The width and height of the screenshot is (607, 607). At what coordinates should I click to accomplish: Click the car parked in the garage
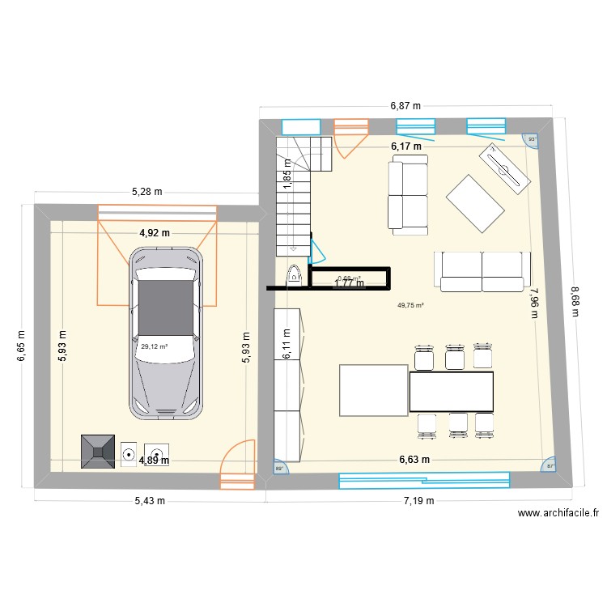pyautogui.click(x=165, y=333)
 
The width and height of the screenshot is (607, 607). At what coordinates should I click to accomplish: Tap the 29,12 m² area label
pyautogui.click(x=154, y=346)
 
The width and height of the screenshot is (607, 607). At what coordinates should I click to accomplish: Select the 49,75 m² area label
pyautogui.click(x=410, y=305)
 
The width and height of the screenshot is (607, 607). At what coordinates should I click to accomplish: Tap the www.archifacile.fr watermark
pyautogui.click(x=558, y=512)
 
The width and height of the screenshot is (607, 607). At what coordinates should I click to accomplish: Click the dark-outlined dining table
pyautogui.click(x=452, y=392)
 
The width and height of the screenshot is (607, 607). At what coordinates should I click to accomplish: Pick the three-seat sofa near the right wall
pyautogui.click(x=482, y=270)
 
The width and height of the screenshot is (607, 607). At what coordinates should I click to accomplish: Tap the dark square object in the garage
pyautogui.click(x=97, y=452)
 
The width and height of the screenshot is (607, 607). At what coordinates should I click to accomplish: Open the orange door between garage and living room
pyautogui.click(x=237, y=465)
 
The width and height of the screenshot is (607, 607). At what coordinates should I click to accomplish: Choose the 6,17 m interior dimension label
pyautogui.click(x=406, y=146)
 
